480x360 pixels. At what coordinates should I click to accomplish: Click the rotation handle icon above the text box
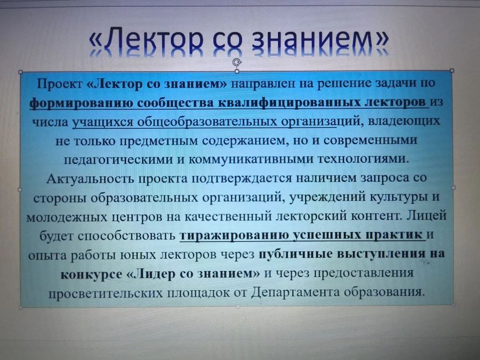[237, 62]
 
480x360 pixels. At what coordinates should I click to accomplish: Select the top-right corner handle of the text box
[452, 71]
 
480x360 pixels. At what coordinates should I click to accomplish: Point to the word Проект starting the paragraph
[60, 84]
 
